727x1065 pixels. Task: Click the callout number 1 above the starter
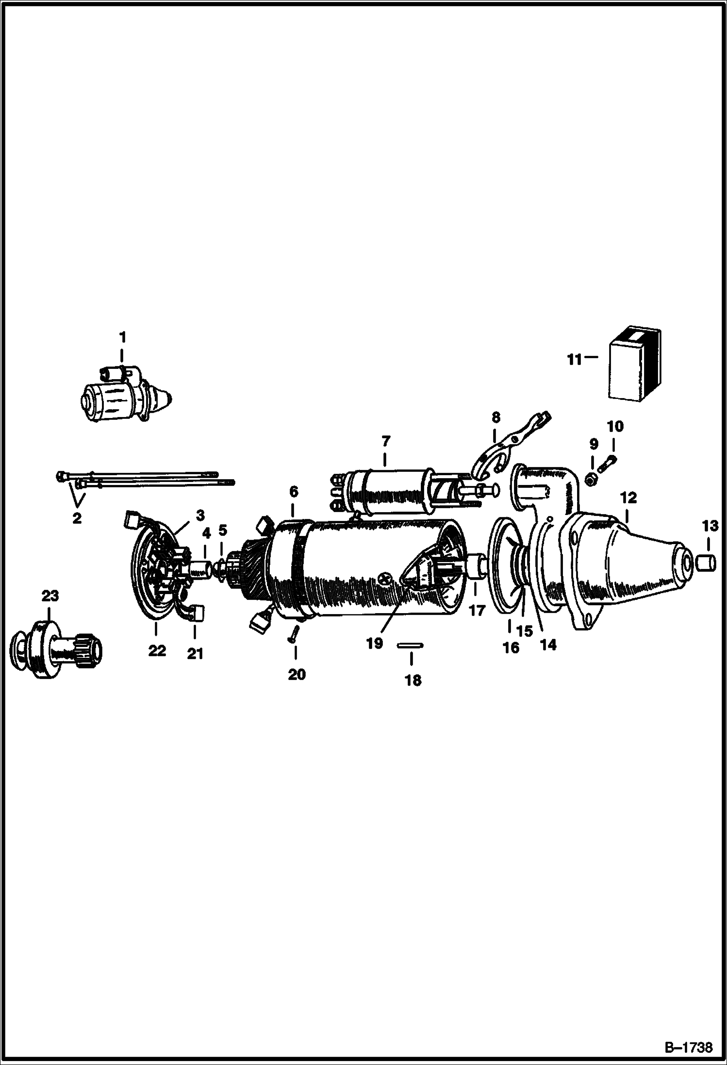click(x=122, y=336)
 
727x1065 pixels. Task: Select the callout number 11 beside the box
click(x=575, y=360)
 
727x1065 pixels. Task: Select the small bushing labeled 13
click(x=706, y=564)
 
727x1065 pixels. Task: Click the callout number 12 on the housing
click(x=628, y=498)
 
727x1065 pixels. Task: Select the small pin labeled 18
click(x=411, y=645)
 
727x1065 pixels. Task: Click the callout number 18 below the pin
click(x=413, y=681)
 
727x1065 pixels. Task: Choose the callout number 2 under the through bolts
click(x=77, y=518)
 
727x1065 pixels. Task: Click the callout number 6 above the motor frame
click(x=293, y=492)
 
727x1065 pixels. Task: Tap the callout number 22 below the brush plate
click(x=157, y=650)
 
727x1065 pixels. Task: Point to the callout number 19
click(x=375, y=644)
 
